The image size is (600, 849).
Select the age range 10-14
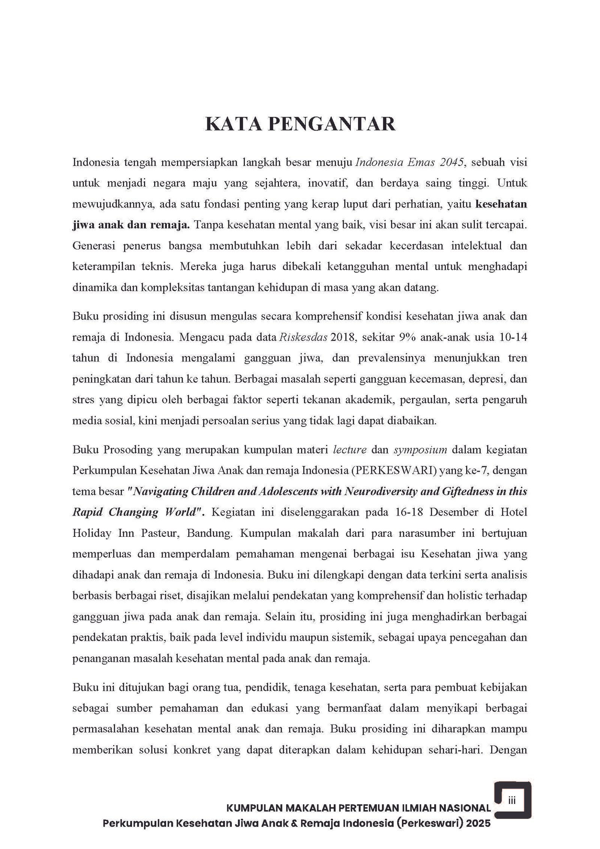(x=513, y=337)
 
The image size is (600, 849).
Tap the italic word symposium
(x=420, y=449)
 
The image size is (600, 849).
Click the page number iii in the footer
(x=512, y=800)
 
